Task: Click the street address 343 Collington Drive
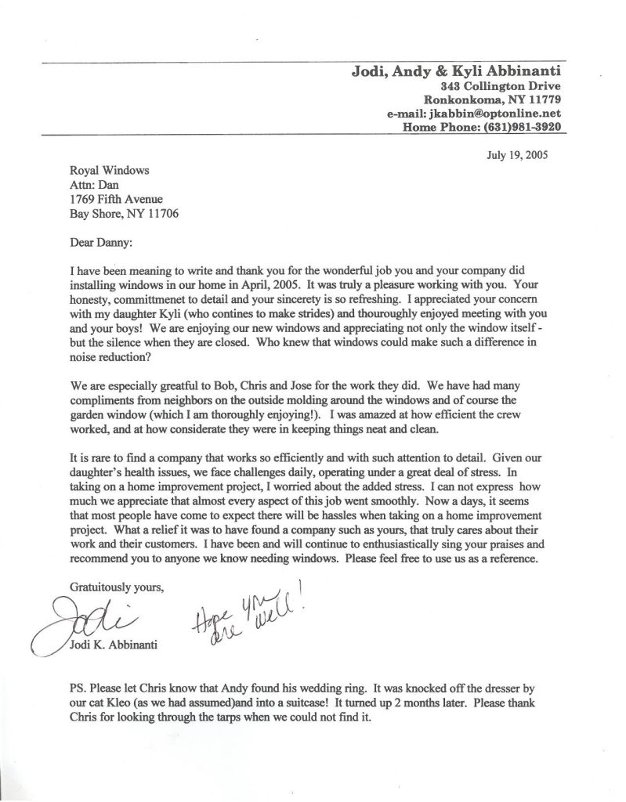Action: (x=500, y=86)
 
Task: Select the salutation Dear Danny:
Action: (x=102, y=242)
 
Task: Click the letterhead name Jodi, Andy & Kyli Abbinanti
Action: (x=455, y=72)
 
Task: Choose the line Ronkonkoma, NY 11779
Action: (x=492, y=99)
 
